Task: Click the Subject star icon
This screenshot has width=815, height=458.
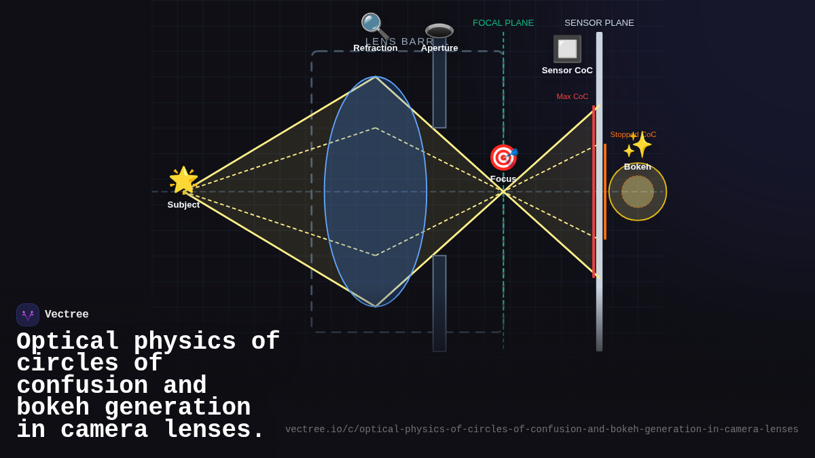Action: click(183, 180)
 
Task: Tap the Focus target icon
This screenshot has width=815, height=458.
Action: click(503, 157)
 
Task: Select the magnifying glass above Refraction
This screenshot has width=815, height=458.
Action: click(374, 26)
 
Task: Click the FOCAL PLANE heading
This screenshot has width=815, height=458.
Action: click(503, 23)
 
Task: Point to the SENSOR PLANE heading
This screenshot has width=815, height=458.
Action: click(599, 23)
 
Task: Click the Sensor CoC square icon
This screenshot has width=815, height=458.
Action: click(567, 49)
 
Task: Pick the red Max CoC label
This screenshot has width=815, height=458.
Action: click(573, 96)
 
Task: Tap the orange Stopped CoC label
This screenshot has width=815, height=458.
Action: click(633, 134)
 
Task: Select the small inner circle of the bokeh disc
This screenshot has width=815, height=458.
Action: click(638, 191)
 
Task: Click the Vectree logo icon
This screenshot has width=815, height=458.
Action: click(28, 315)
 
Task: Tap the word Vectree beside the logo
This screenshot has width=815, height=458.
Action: click(67, 315)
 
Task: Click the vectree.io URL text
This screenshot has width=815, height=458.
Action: click(541, 430)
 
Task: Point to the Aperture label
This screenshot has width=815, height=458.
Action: click(439, 48)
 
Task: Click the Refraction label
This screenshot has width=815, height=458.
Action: click(376, 48)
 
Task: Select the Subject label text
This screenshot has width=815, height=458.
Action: click(183, 205)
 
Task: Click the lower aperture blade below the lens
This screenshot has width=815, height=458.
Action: click(439, 303)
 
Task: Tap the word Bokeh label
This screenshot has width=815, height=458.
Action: click(638, 167)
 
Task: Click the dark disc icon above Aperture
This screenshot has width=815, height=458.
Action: click(439, 31)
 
